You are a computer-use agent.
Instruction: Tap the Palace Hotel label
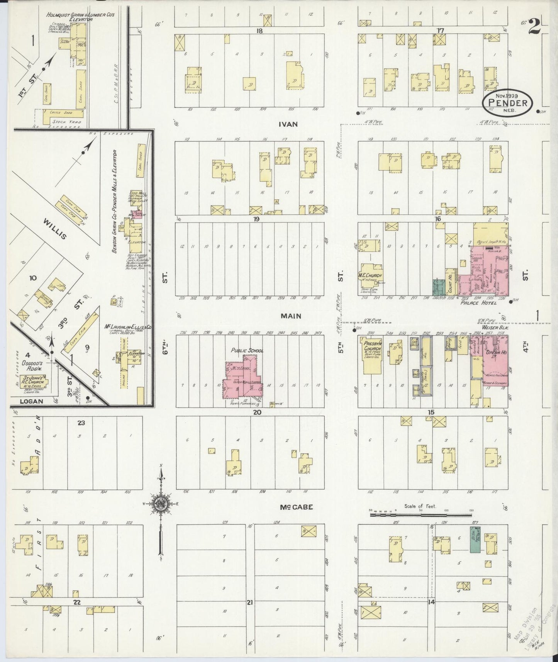[x=478, y=303]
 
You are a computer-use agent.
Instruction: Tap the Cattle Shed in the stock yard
[x=63, y=114]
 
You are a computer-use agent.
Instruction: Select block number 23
[x=81, y=423]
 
